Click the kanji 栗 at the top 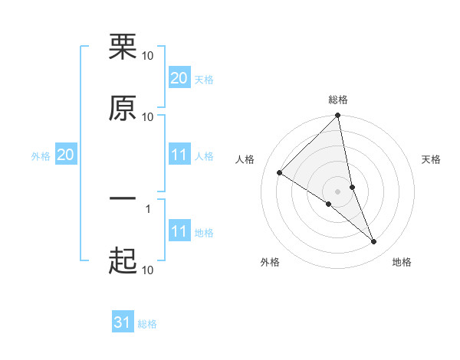(123, 47)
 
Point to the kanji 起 (123, 261)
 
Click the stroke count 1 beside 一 (147, 208)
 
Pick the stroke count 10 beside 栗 (148, 55)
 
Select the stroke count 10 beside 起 (148, 270)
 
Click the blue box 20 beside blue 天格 (179, 77)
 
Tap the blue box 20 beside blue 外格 (66, 155)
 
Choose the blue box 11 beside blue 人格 (179, 155)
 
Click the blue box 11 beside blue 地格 (179, 231)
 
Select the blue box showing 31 (123, 322)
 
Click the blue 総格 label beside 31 (147, 324)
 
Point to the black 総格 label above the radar (338, 100)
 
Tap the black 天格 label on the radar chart (431, 159)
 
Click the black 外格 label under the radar (270, 262)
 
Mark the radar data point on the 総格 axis (338, 116)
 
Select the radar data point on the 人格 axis (280, 173)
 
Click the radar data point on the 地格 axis (374, 241)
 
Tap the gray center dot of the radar (338, 191)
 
